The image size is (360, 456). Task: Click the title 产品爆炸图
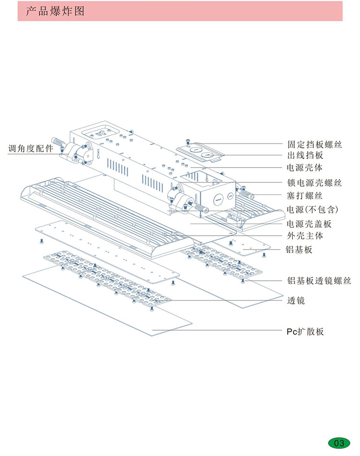[x=55, y=11]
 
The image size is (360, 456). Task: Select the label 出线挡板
[x=305, y=156]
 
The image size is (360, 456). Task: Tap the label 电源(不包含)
[x=312, y=209]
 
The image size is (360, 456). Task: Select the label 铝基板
[x=300, y=250]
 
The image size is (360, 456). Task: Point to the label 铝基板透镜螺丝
[x=319, y=281]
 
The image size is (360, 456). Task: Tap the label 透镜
[x=296, y=300]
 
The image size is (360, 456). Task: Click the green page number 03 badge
[x=339, y=443]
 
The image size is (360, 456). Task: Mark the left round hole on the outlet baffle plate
[x=195, y=150]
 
